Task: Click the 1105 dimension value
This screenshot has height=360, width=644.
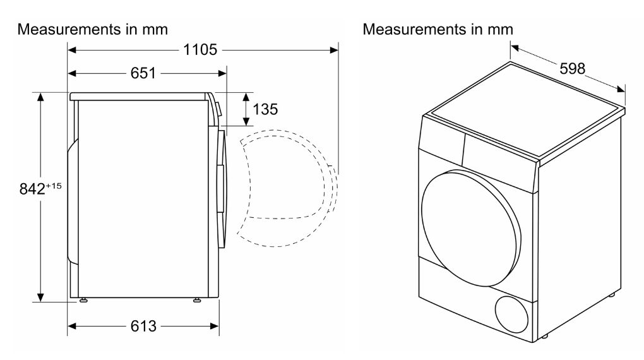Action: pos(200,49)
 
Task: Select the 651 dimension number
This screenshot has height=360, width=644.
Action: pos(143,73)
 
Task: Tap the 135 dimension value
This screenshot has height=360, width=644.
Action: pos(265,109)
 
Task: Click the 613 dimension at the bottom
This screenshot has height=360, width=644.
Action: pos(143,326)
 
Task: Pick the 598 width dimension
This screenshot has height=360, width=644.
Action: pos(573,68)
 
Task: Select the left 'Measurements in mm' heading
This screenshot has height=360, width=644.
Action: pos(92,30)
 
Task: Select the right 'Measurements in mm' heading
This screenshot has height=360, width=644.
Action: pos(438,30)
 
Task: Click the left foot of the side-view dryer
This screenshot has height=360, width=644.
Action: pos(83,301)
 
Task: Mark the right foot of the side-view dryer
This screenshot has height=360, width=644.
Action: pos(197,301)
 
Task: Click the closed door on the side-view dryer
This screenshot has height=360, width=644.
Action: pos(222,189)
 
